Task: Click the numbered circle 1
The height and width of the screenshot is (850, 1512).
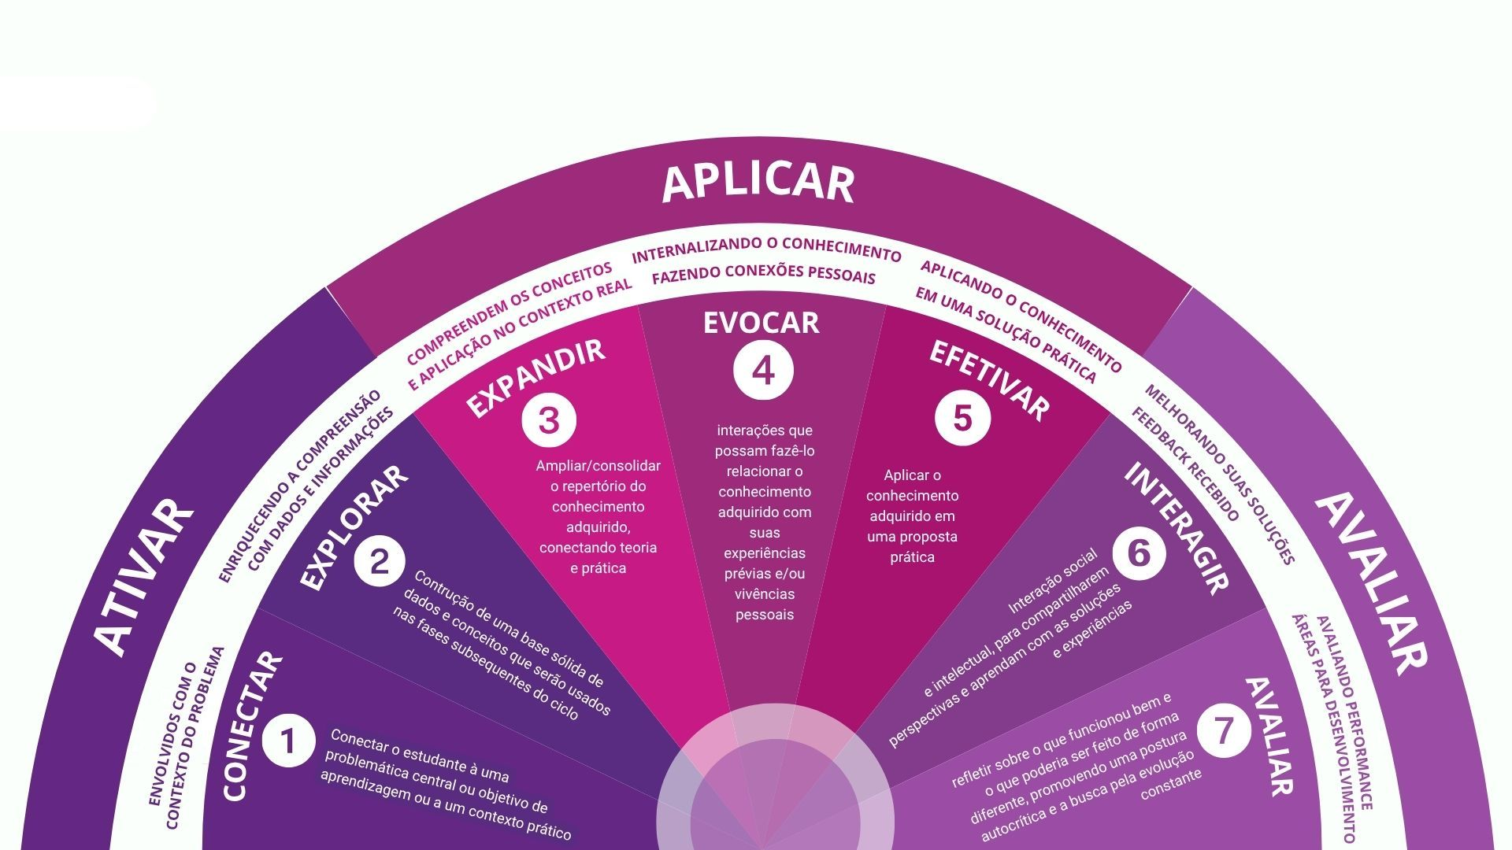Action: coord(288,740)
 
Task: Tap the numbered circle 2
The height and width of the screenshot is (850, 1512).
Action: coord(380,562)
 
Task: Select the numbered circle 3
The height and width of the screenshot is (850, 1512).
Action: coord(549,420)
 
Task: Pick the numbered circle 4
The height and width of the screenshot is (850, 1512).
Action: coord(762,371)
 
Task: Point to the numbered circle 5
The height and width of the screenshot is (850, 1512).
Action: coord(962,417)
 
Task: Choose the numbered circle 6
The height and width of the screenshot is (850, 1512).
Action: coord(1139,552)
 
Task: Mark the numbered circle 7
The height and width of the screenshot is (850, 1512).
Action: coord(1224,730)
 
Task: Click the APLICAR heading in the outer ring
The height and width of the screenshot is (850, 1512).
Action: coord(758,183)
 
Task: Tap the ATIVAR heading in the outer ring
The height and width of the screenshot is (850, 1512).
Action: coord(145,578)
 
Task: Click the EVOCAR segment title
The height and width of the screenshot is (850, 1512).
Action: coord(761,323)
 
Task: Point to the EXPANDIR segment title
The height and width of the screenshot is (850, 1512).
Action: coord(536,378)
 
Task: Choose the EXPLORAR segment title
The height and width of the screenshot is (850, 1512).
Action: coord(354,528)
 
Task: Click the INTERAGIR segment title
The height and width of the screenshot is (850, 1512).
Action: coord(1177,527)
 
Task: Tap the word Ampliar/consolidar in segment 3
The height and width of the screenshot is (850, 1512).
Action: coord(598,466)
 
